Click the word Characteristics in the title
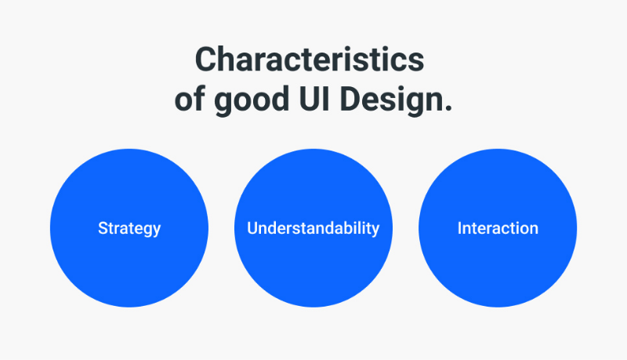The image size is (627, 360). [x=310, y=59]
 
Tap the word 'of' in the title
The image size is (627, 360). [x=190, y=98]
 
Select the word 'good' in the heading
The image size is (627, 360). [x=251, y=101]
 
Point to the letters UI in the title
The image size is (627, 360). [x=315, y=98]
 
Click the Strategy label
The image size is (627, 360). [x=129, y=229]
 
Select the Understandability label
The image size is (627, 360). [x=313, y=229]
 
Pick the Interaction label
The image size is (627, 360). [x=498, y=228]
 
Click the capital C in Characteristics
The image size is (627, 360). [x=205, y=59]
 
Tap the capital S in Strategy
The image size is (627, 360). [x=103, y=228]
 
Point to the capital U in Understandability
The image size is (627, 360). [x=252, y=228]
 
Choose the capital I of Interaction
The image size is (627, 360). [x=459, y=228]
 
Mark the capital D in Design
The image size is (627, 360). [x=350, y=98]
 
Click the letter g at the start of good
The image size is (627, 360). [x=223, y=104]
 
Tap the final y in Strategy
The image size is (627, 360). [x=156, y=231]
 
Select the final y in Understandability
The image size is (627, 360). [x=375, y=231]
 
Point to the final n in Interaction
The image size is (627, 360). [x=534, y=230]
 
